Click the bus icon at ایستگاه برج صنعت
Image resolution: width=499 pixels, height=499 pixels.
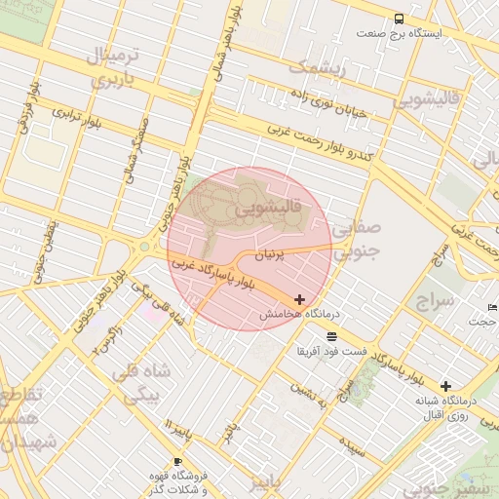[399, 19]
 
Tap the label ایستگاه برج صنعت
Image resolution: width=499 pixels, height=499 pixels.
[399, 33]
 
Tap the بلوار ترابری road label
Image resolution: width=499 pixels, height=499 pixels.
[78, 115]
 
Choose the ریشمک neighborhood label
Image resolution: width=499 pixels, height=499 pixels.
[318, 68]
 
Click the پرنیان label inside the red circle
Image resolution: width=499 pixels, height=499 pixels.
[272, 255]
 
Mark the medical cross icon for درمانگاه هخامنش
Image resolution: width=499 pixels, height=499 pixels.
[298, 299]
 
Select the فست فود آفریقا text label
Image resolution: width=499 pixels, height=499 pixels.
[333, 350]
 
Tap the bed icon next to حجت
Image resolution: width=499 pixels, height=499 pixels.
[491, 307]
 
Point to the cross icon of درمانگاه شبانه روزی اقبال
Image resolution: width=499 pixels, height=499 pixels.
[445, 386]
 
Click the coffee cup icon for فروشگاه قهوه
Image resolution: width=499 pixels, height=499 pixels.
[176, 462]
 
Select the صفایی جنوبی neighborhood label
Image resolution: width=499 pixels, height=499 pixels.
[356, 241]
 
